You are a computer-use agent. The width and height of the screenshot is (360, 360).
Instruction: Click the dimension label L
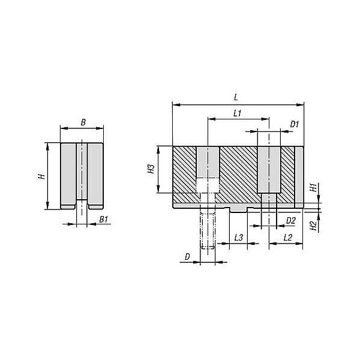[236, 97]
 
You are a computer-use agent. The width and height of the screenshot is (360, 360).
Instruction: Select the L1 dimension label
[238, 113]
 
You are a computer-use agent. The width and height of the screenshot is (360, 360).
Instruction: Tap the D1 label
[295, 124]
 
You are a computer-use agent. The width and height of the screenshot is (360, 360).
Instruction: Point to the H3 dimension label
[151, 169]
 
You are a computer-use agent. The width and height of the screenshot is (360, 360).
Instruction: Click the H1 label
[313, 187]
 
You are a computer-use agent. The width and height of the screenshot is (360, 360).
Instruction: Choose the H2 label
[313, 226]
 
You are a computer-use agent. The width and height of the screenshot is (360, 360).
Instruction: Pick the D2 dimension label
[291, 221]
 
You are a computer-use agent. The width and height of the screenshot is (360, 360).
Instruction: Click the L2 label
[287, 238]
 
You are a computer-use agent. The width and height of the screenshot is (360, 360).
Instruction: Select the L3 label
[239, 238]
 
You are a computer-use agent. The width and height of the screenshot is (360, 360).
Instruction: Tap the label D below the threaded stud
[187, 257]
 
